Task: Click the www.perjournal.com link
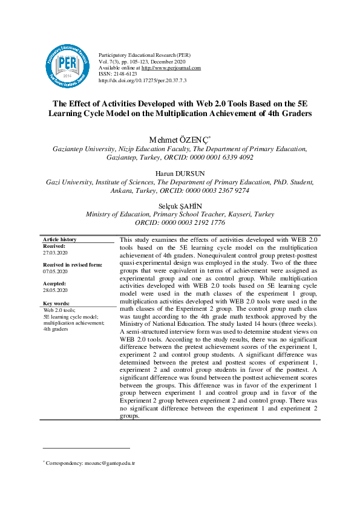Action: (171, 68)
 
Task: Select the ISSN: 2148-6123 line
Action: (117, 74)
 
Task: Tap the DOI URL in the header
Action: (142, 80)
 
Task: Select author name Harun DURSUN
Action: (180, 173)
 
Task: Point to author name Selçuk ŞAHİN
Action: (180, 206)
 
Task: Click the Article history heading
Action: (60, 240)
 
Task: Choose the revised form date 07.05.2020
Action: (56, 272)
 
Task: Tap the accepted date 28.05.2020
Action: (56, 290)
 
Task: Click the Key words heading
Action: (56, 303)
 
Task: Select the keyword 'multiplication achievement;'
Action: (74, 323)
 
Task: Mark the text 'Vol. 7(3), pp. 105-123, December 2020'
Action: (142, 62)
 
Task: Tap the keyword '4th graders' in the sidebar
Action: (56, 329)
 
